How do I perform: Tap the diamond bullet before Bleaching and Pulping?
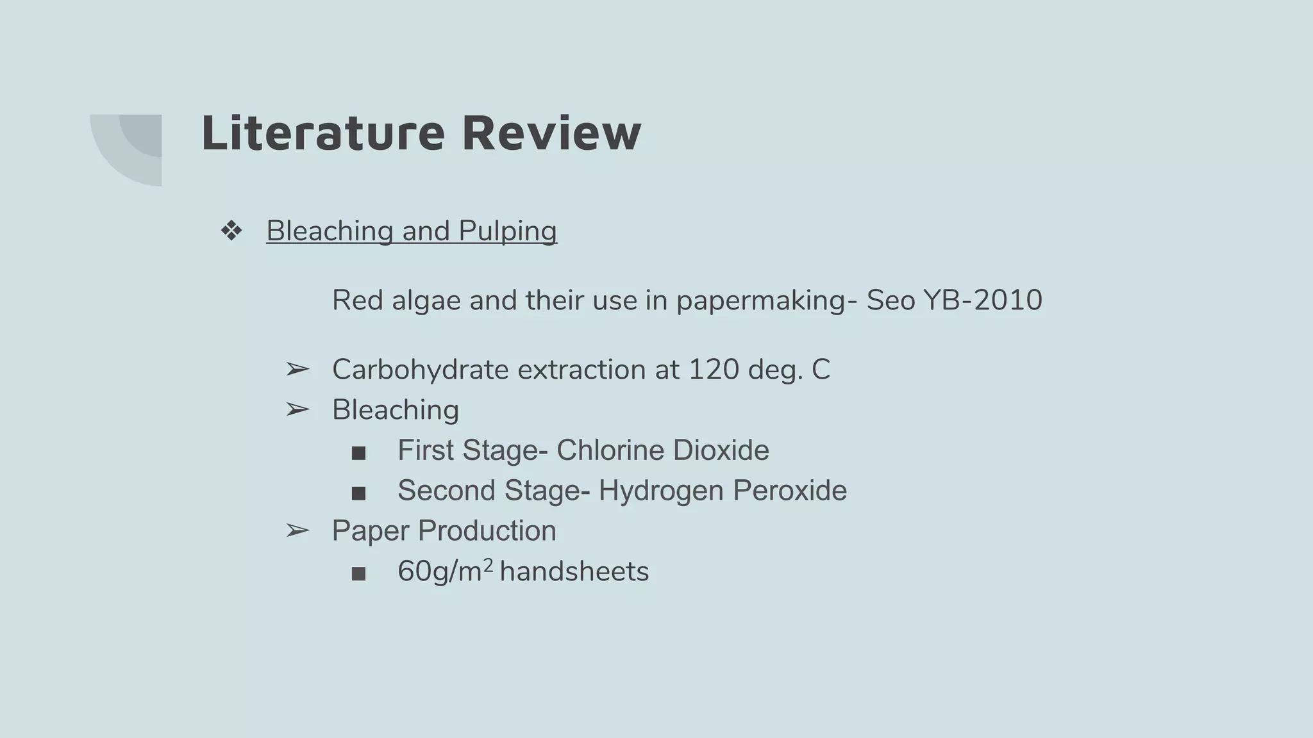pyautogui.click(x=231, y=231)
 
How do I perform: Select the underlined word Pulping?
pyautogui.click(x=508, y=231)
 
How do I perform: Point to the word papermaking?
pyautogui.click(x=761, y=300)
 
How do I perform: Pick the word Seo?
pyautogui.click(x=891, y=300)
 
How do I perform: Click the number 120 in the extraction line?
pyautogui.click(x=714, y=370)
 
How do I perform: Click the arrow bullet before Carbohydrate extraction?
pyautogui.click(x=297, y=370)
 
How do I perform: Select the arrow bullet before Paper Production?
pyautogui.click(x=297, y=530)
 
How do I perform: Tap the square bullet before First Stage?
pyautogui.click(x=359, y=453)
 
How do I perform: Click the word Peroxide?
pyautogui.click(x=790, y=491)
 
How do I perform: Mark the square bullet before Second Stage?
pyautogui.click(x=359, y=493)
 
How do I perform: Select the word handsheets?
pyautogui.click(x=574, y=571)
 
